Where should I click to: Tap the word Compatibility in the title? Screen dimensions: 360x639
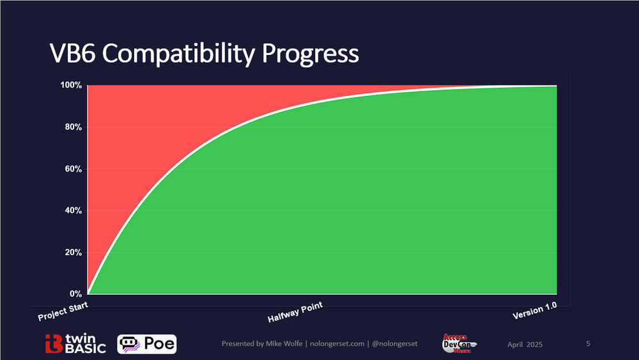tap(178, 54)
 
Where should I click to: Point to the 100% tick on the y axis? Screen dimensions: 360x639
tap(71, 85)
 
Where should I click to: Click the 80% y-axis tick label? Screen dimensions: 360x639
tap(73, 127)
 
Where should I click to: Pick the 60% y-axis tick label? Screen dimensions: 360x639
tap(73, 169)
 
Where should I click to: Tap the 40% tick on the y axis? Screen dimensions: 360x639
tap(73, 210)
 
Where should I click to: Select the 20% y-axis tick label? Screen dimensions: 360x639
tap(73, 253)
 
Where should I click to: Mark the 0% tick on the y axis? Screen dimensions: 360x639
tap(75, 294)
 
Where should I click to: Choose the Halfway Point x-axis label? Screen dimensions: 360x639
tap(295, 312)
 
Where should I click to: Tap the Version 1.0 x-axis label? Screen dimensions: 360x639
tap(535, 312)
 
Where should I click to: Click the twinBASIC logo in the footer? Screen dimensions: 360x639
tap(75, 344)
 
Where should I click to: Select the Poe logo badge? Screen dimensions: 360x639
tap(147, 344)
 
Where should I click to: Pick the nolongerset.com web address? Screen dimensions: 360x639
tap(336, 344)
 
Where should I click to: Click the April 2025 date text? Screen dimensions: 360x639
tap(525, 345)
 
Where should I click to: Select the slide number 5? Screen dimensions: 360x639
tap(588, 344)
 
